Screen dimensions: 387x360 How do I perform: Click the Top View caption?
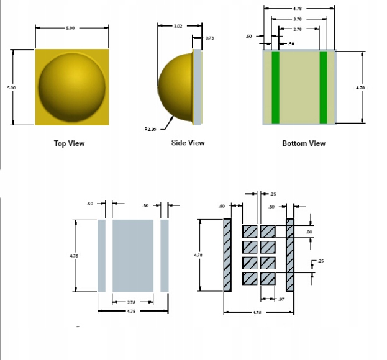pyautogui.click(x=70, y=143)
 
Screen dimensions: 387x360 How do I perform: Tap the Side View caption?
pyautogui.click(x=188, y=143)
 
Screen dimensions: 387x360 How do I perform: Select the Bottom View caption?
pyautogui.click(x=304, y=143)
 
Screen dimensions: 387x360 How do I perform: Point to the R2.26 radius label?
pyautogui.click(x=150, y=129)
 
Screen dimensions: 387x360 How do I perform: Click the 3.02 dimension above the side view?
pyautogui.click(x=178, y=26)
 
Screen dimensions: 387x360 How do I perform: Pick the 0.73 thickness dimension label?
pyautogui.click(x=209, y=38)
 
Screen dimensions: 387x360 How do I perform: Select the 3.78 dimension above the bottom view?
pyautogui.click(x=298, y=19)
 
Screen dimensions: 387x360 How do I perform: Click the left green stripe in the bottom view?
pyautogui.click(x=275, y=88)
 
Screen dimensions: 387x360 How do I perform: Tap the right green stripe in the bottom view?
pyautogui.click(x=323, y=88)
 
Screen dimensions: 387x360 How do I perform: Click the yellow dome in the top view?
pyautogui.click(x=72, y=87)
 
